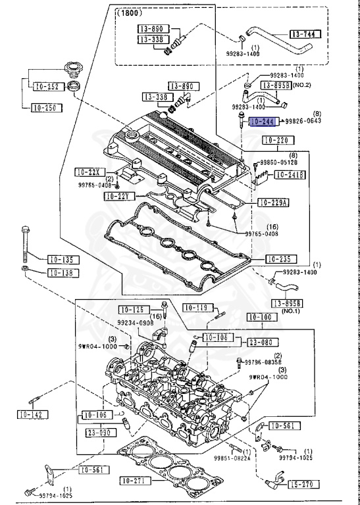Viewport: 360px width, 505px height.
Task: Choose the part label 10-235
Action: pyautogui.click(x=281, y=259)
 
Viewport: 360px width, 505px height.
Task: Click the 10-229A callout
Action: pyautogui.click(x=273, y=203)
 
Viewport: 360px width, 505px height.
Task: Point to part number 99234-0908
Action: pyautogui.click(x=135, y=324)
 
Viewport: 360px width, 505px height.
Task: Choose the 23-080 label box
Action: pyautogui.click(x=261, y=342)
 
